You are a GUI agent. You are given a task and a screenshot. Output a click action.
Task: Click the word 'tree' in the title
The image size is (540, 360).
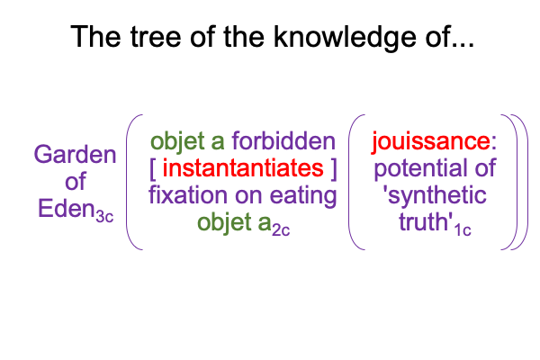[x=156, y=37]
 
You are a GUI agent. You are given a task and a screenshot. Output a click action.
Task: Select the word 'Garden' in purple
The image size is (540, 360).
[x=75, y=154]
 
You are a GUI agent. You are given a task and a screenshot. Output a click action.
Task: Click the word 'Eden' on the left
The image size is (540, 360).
[x=66, y=209]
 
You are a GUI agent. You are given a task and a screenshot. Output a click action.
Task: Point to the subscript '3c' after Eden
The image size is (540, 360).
[x=104, y=217]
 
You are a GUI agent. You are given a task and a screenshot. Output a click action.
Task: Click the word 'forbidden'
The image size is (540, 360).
[x=283, y=141]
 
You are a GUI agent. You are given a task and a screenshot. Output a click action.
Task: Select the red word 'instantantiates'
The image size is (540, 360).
[x=243, y=168]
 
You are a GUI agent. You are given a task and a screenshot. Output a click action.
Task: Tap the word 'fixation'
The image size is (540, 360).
[x=189, y=195]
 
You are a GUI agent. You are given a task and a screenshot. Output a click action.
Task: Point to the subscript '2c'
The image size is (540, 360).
[x=281, y=230]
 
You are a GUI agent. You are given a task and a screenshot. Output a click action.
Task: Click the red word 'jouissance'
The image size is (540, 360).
[x=431, y=141]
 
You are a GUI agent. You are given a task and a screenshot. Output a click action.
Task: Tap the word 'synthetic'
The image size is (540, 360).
[x=435, y=195]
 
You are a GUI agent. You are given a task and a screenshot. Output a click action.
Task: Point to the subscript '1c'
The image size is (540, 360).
[x=463, y=230]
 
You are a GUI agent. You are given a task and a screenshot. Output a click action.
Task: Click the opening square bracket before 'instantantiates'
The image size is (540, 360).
[x=153, y=169]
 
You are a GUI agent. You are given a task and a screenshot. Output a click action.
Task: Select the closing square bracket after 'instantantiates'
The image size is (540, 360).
[x=333, y=169]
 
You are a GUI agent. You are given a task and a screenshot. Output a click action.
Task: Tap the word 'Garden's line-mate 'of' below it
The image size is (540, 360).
[x=75, y=181]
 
